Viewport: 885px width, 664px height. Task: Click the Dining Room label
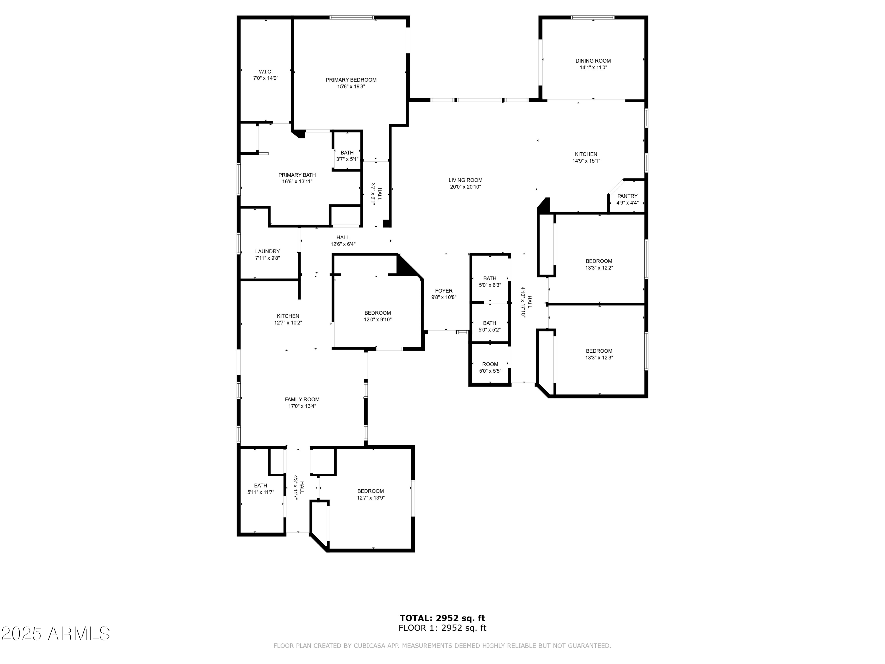tap(593, 61)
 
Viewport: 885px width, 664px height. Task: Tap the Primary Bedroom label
tap(351, 80)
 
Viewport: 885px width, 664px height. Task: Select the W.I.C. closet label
tap(265, 72)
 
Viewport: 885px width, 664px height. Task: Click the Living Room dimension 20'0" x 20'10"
tap(465, 187)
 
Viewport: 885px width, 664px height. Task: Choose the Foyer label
tap(444, 291)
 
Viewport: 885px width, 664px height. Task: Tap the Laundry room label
tap(267, 251)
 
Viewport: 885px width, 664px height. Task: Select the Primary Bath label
tap(297, 175)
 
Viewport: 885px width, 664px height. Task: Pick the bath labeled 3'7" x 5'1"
tap(347, 156)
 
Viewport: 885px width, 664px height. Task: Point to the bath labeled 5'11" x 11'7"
tap(260, 489)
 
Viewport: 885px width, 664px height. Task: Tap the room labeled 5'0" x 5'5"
tap(490, 367)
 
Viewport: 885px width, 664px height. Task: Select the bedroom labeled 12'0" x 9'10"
tap(377, 316)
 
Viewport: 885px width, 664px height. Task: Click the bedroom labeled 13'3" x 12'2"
tap(599, 264)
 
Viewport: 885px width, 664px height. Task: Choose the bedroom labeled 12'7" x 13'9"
tap(371, 494)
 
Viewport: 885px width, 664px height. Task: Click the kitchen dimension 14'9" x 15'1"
tap(586, 161)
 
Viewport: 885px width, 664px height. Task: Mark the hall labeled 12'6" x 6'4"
tap(343, 241)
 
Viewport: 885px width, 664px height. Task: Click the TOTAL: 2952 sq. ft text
tap(442, 618)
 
